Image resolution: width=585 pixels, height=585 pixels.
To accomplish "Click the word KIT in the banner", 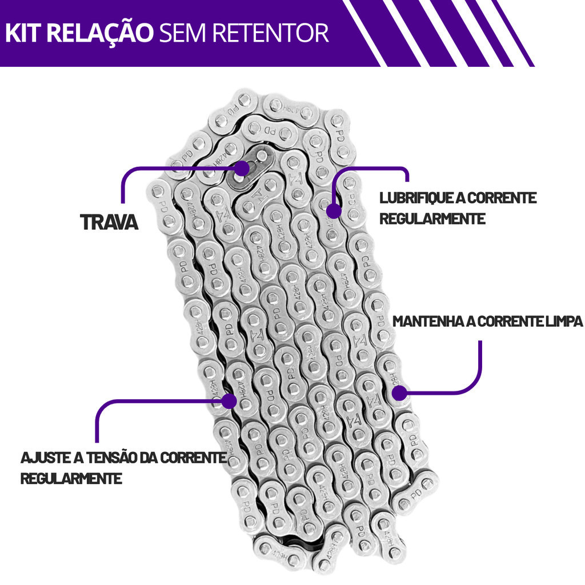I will [23, 33].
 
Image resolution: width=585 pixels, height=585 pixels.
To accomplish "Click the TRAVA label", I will [109, 222].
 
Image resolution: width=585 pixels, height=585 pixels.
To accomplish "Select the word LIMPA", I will [563, 321].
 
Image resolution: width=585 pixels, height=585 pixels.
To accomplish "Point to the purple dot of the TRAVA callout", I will [243, 168].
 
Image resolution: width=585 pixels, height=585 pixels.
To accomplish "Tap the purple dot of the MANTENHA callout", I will [399, 392].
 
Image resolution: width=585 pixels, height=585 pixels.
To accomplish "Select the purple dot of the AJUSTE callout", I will [229, 400].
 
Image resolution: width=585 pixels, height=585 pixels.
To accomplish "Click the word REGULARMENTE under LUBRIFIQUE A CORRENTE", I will [432, 219].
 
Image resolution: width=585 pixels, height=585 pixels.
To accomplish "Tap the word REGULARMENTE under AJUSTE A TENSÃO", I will [71, 478].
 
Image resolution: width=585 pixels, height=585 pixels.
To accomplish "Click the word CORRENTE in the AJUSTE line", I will [193, 458].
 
